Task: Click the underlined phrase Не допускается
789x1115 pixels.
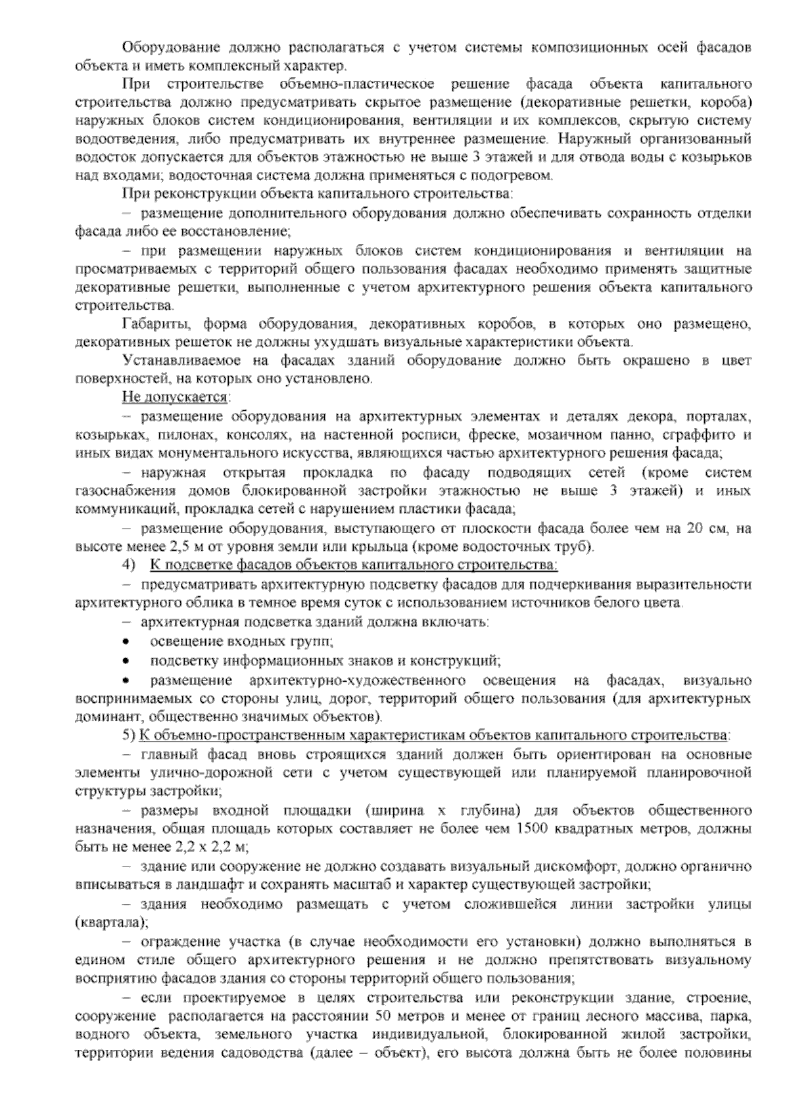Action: click(175, 398)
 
